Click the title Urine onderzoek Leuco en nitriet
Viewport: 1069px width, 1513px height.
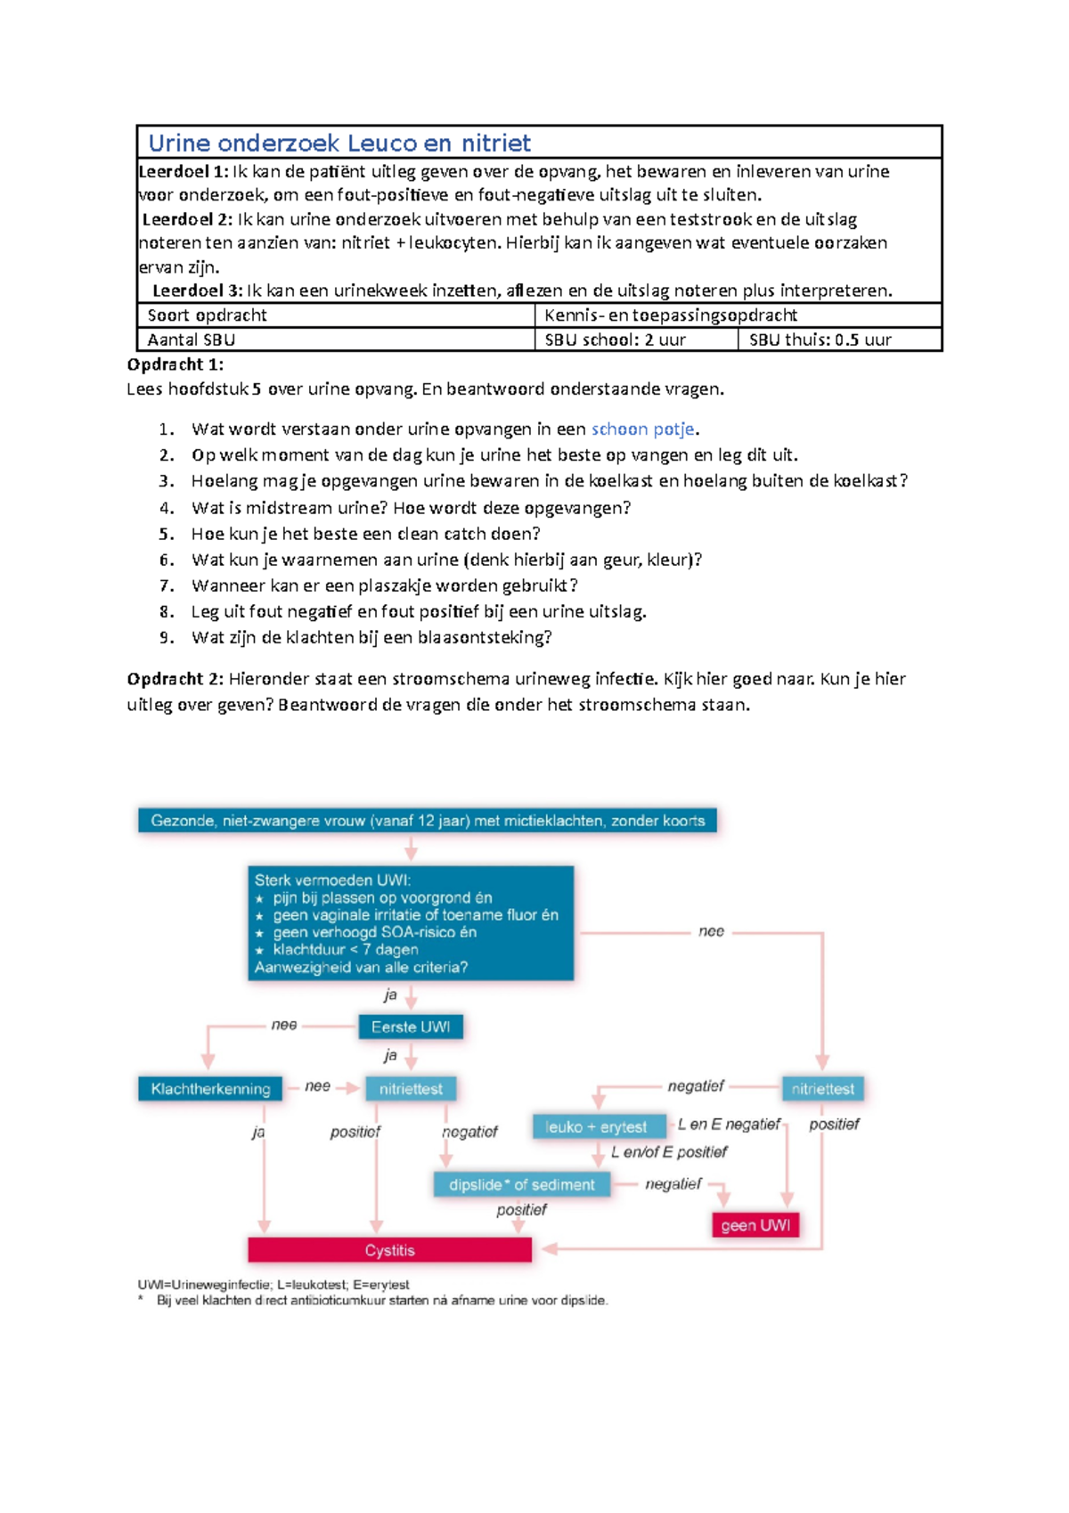point(339,143)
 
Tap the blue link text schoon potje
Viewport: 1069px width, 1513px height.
point(642,429)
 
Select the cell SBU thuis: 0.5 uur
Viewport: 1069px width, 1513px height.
point(820,339)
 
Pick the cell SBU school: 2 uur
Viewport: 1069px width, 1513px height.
point(615,339)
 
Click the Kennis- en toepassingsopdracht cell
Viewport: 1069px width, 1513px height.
point(670,315)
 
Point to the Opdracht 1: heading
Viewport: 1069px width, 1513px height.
point(175,364)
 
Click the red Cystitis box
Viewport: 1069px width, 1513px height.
point(389,1250)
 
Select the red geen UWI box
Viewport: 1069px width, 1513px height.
point(755,1225)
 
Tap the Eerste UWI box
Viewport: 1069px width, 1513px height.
point(411,1026)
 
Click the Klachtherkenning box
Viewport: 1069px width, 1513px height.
point(210,1089)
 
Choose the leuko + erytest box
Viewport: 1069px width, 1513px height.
point(597,1127)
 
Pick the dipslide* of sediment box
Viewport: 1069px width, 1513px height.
point(521,1185)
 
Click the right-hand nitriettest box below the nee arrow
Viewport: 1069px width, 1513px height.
point(822,1089)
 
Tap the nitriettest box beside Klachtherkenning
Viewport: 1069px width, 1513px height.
point(411,1089)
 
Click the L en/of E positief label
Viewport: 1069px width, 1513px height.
point(669,1152)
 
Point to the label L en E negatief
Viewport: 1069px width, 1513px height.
point(729,1125)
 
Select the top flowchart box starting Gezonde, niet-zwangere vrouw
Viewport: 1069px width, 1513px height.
point(428,821)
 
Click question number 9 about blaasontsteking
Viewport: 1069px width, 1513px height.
point(371,638)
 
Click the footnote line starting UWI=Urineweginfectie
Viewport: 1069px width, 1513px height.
point(273,1285)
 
